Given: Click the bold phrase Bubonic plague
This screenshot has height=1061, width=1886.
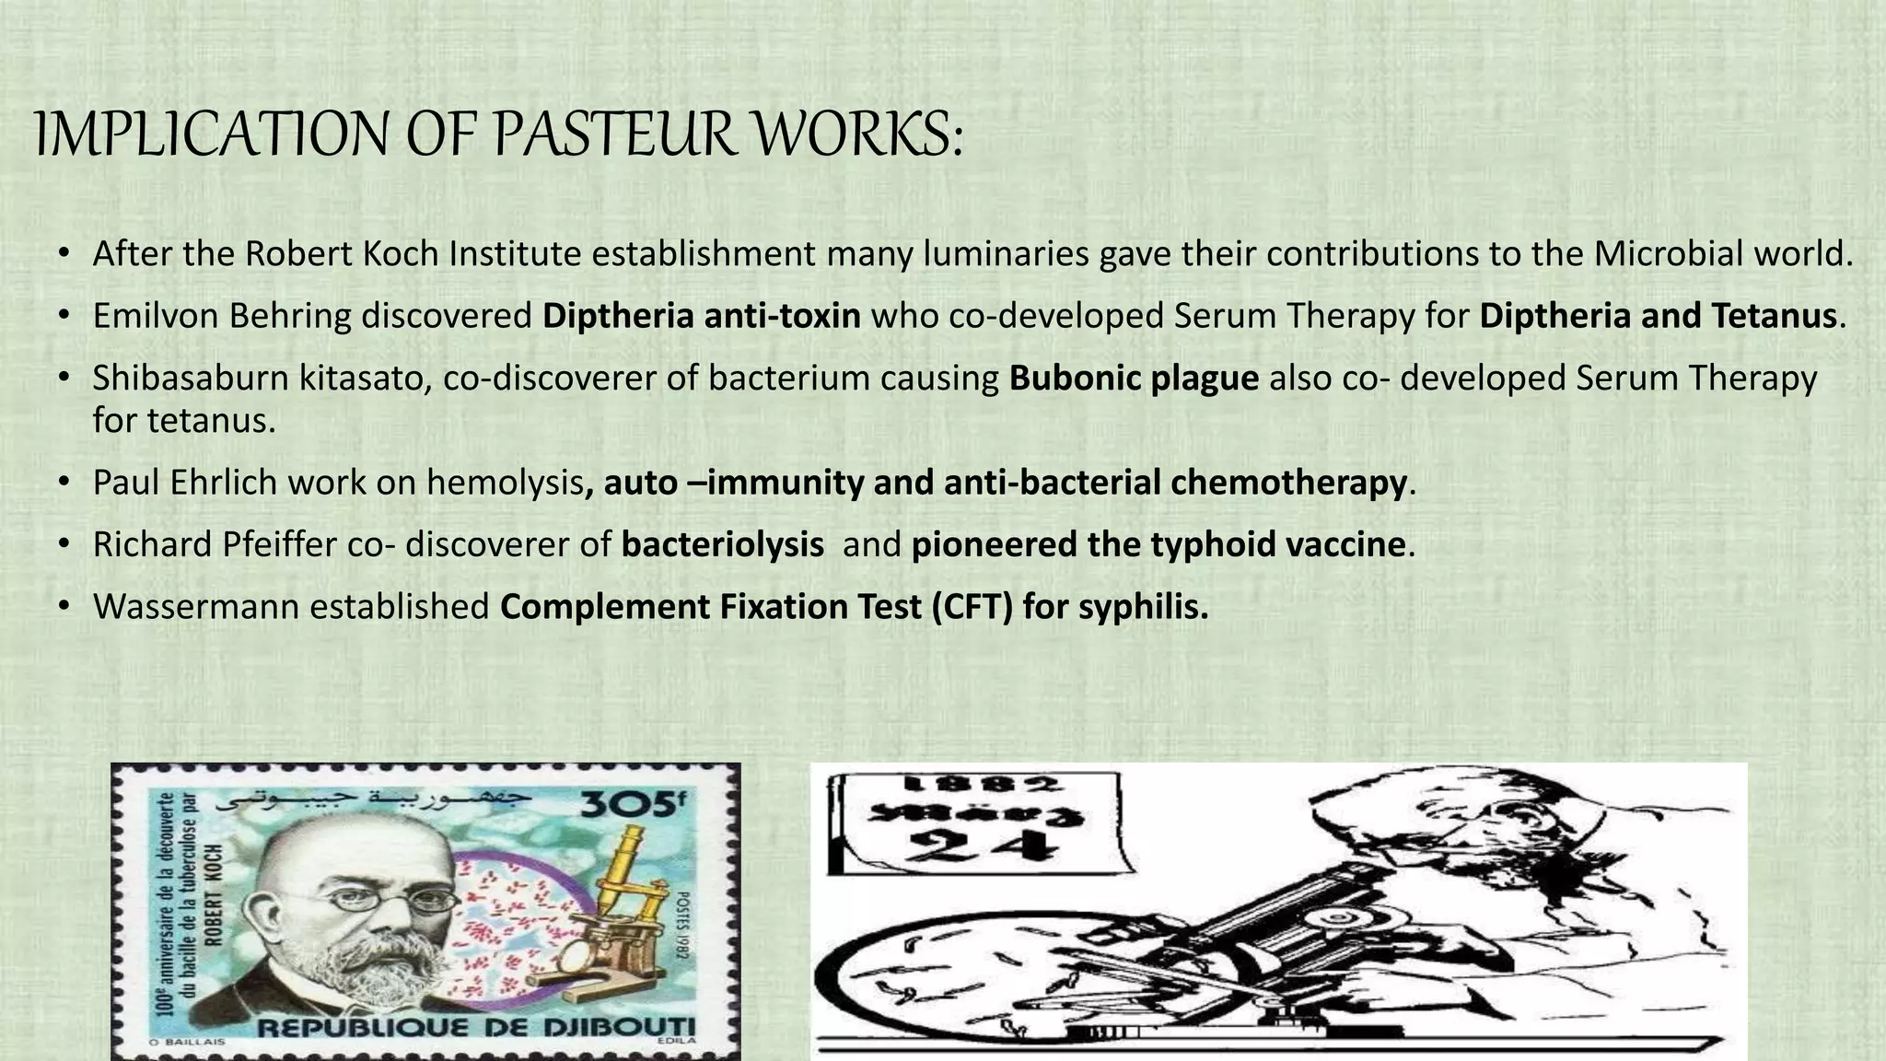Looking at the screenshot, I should [x=1134, y=378].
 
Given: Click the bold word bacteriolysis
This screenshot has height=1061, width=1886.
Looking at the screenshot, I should [x=723, y=544].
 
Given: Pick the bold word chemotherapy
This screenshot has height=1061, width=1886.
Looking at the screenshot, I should [x=1288, y=483].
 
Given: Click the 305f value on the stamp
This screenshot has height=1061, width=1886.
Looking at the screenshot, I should [x=634, y=806].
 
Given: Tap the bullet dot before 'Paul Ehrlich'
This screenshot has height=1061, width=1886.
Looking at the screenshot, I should [x=63, y=483].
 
